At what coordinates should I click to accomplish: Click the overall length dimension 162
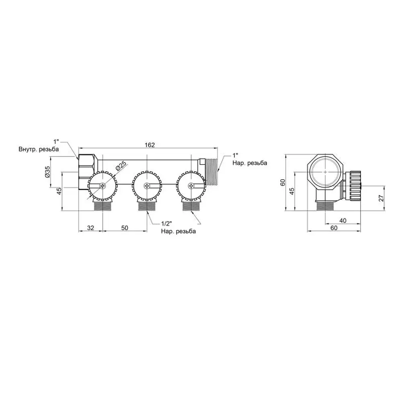(150, 145)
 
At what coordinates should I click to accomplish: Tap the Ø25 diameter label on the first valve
(121, 166)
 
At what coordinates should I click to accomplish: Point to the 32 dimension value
(90, 228)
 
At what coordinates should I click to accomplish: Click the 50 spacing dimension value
(125, 228)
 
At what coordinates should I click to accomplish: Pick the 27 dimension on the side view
(381, 198)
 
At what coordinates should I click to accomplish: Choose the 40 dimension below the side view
(343, 220)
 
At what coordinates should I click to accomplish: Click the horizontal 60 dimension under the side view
(334, 228)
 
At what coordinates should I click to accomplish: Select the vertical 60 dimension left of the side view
(283, 182)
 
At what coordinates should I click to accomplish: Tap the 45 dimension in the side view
(292, 191)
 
